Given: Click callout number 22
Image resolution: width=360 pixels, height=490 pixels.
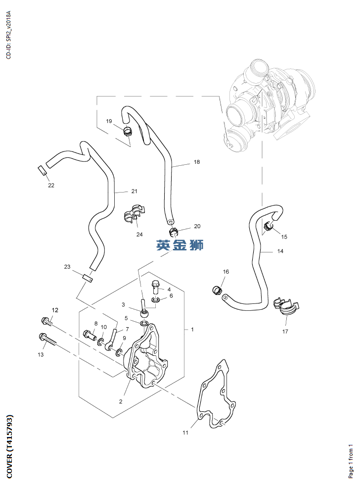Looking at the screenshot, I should point(51,186).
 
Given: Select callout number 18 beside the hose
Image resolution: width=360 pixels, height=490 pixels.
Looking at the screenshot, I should point(197,162).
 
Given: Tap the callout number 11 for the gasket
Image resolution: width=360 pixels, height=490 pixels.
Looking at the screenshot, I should point(185,433).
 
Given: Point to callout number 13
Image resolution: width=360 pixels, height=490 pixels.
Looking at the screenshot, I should point(41,354).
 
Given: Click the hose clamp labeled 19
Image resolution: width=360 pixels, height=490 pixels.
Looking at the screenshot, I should point(128,132).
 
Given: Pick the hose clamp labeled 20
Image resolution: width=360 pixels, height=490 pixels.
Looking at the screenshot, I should point(174,231).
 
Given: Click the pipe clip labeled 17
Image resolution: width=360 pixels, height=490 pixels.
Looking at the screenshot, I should point(286,307).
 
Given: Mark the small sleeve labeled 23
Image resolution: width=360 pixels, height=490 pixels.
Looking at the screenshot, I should point(88,278).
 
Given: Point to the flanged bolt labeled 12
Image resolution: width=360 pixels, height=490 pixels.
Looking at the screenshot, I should point(48,322).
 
